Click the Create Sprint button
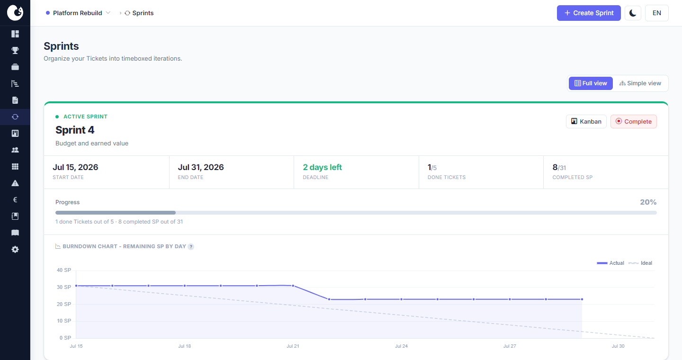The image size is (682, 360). (589, 13)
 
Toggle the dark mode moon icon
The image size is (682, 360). (633, 13)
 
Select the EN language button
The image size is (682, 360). (657, 13)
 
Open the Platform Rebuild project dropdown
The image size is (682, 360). (78, 13)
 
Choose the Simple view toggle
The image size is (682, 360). (640, 83)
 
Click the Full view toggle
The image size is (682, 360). (591, 83)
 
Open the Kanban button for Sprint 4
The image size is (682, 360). (586, 122)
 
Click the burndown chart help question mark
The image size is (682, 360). (191, 247)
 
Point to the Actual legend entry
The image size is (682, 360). (610, 263)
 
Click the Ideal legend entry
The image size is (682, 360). (640, 263)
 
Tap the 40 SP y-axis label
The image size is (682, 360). (64, 270)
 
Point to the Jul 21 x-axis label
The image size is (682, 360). (293, 346)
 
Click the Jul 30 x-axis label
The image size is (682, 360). (618, 346)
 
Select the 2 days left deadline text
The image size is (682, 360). (322, 167)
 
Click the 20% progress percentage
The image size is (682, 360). (648, 202)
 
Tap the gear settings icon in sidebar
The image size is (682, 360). (15, 250)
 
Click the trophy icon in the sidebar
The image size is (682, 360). (15, 50)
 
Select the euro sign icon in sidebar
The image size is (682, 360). (15, 200)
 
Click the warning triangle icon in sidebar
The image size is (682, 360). (15, 183)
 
